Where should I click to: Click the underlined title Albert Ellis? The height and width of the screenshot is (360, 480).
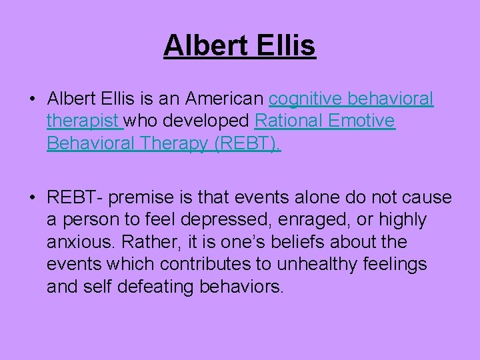tap(239, 46)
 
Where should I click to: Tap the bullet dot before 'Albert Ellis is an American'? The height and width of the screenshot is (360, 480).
tap(32, 100)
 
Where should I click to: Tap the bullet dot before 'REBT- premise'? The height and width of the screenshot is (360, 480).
tap(32, 198)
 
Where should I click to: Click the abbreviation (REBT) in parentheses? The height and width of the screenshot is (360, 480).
tap(247, 143)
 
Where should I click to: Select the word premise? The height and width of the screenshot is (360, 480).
tap(133, 198)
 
